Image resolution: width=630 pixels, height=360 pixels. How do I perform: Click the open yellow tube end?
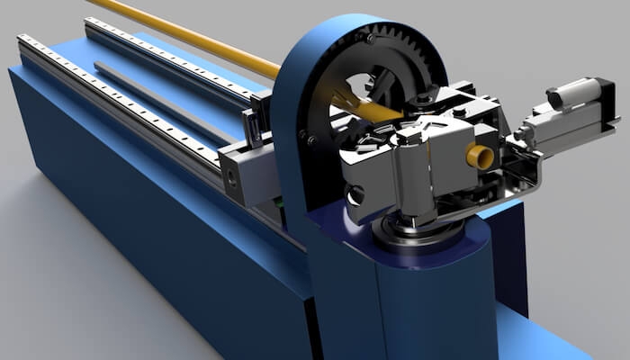[479, 157]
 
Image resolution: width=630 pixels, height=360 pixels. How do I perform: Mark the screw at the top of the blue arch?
[369, 38]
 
